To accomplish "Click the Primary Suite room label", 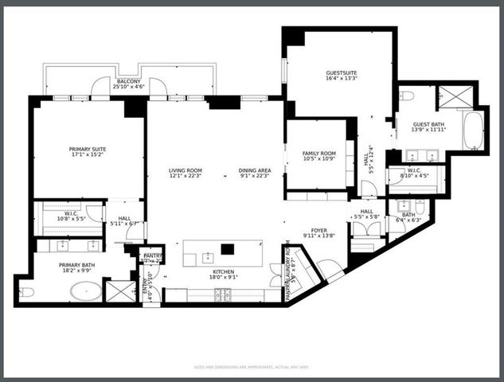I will pos(88,149).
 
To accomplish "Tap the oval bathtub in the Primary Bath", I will pos(85,290).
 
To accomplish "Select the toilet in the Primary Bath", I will pos(26,292).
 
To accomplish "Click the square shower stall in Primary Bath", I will pos(121,291).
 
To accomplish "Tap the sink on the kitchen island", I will pos(207,256).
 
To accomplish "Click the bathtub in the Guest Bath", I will pos(472,131).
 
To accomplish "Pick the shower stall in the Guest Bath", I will pos(455,98).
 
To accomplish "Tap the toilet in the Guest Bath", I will pos(407,96).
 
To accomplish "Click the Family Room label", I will pos(318,153).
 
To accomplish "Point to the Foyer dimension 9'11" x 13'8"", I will pos(318,236).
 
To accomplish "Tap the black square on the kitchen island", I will pos(228,248).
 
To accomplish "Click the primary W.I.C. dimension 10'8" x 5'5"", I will pos(60,217).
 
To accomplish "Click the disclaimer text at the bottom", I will pos(252,367).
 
